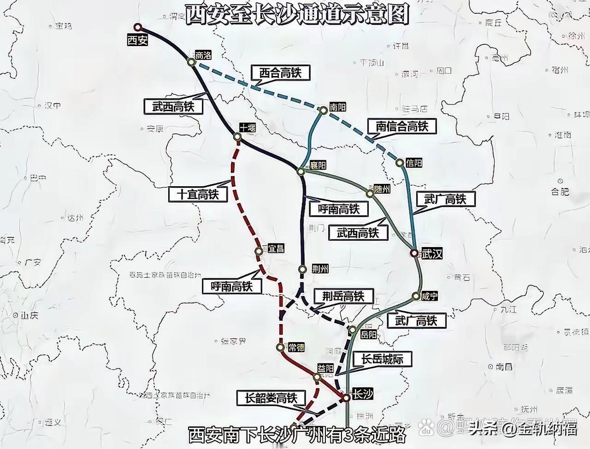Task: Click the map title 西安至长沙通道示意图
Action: pos(296,14)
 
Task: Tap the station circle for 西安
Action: pos(138,27)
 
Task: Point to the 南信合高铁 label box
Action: pos(402,126)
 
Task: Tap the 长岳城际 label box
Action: pos(382,359)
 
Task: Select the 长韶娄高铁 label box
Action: pos(271,398)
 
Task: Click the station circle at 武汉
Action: pos(414,253)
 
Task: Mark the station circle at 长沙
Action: pos(346,397)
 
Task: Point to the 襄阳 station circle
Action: pos(301,171)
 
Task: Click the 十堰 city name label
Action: pos(247,128)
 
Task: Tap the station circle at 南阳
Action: pos(323,110)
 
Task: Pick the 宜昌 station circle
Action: pos(259,251)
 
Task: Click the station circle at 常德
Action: pos(280,347)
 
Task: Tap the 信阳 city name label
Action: pos(414,163)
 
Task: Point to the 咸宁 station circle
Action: pos(416,296)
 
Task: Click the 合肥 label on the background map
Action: pos(560,191)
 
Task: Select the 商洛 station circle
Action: pos(191,62)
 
